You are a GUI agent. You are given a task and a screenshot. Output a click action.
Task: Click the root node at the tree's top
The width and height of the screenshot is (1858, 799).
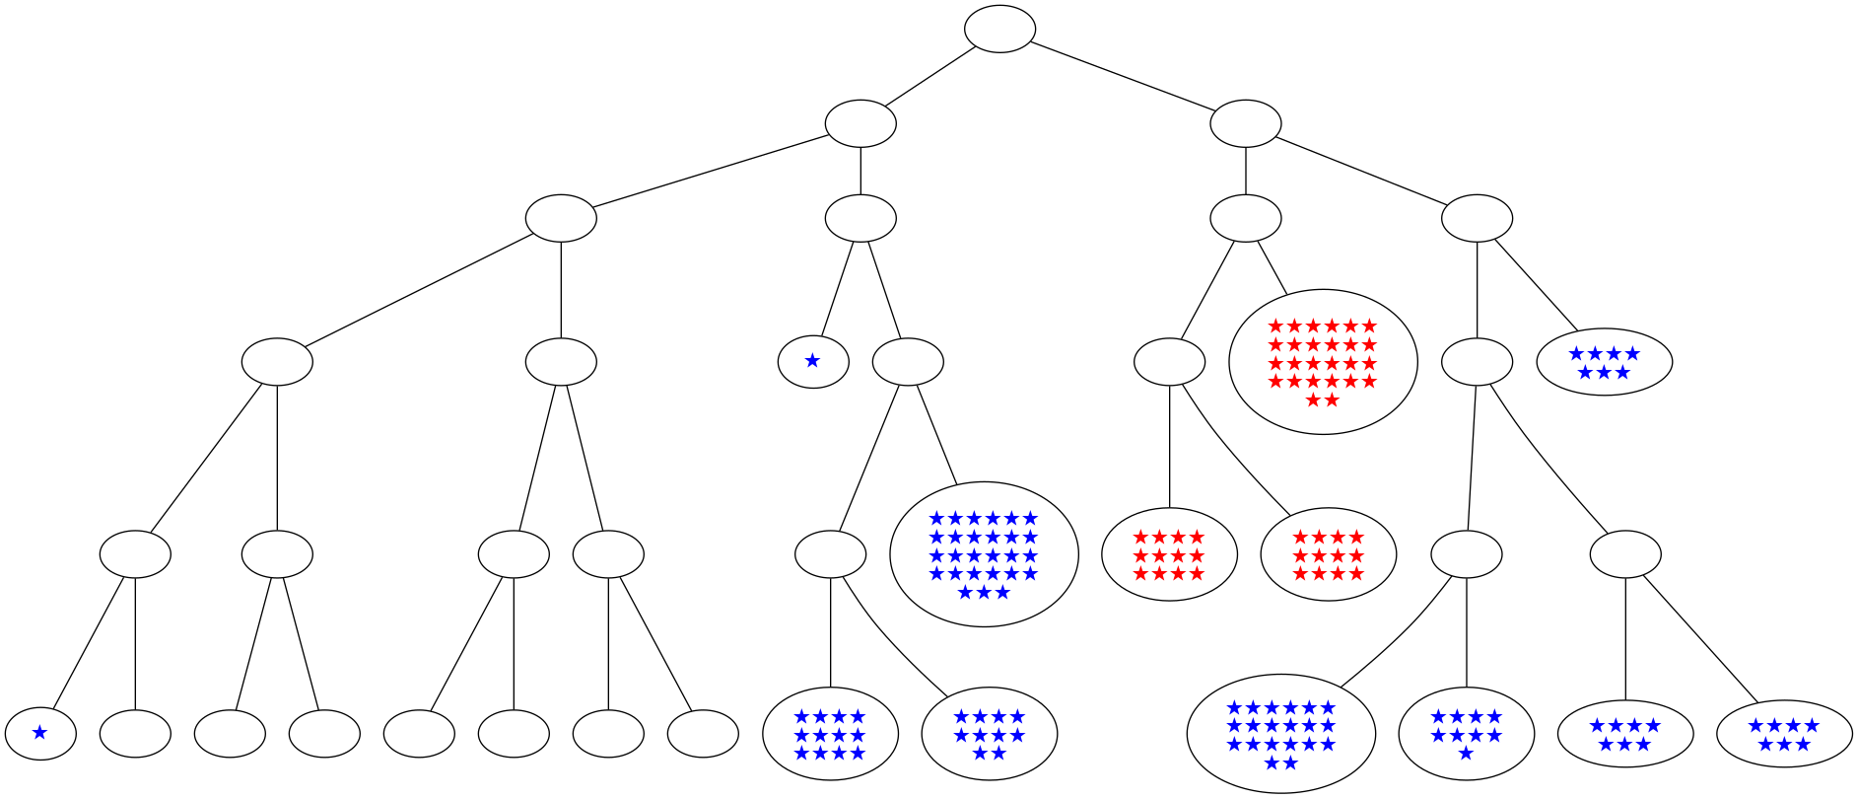pyautogui.click(x=998, y=29)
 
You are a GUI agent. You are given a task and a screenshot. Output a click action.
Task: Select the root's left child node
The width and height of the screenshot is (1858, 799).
pyautogui.click(x=860, y=123)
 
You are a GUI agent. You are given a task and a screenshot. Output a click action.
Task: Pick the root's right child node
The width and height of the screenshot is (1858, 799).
pyautogui.click(x=1245, y=123)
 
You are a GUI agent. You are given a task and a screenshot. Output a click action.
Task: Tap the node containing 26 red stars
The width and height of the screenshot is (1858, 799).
pyautogui.click(x=1322, y=362)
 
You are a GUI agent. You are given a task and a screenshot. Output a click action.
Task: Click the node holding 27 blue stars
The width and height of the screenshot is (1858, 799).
pyautogui.click(x=983, y=554)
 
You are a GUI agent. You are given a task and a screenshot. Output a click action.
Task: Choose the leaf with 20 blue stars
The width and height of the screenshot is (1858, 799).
pyautogui.click(x=1280, y=734)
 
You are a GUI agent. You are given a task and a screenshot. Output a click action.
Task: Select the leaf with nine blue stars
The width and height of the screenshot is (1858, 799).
pyautogui.click(x=1466, y=734)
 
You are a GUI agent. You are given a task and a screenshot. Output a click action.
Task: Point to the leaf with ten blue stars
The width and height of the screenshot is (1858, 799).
pyautogui.click(x=989, y=734)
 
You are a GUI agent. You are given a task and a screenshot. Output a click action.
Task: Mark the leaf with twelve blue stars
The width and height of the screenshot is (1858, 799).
pyautogui.click(x=830, y=734)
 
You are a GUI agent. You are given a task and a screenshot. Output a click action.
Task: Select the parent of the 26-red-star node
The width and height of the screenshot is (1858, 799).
pyautogui.click(x=1245, y=218)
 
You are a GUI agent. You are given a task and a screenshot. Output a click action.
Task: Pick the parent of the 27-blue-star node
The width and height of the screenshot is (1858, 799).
pyautogui.click(x=908, y=362)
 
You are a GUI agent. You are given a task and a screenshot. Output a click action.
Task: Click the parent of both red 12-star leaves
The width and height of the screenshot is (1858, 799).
pyautogui.click(x=1169, y=362)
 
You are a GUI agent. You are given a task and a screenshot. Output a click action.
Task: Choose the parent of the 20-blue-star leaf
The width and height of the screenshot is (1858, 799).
pyautogui.click(x=1466, y=554)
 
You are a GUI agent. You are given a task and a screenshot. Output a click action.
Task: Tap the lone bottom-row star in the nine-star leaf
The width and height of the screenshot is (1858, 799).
pyautogui.click(x=1466, y=754)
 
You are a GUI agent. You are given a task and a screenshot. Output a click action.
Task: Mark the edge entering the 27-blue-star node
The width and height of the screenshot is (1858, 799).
pyautogui.click(x=936, y=434)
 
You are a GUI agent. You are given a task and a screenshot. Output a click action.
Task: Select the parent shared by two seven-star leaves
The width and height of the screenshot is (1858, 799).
pyautogui.click(x=1624, y=554)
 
